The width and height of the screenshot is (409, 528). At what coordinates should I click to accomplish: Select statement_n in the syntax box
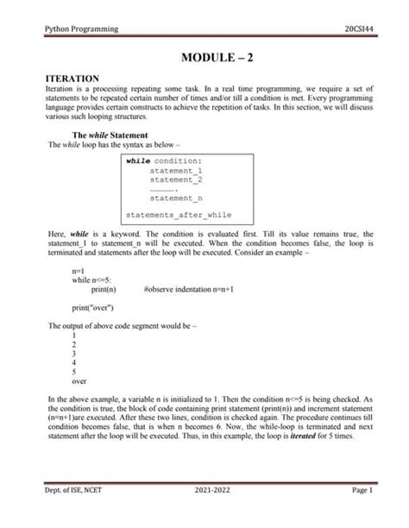[x=175, y=198]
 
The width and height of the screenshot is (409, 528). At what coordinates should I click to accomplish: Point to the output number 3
[x=75, y=353]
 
